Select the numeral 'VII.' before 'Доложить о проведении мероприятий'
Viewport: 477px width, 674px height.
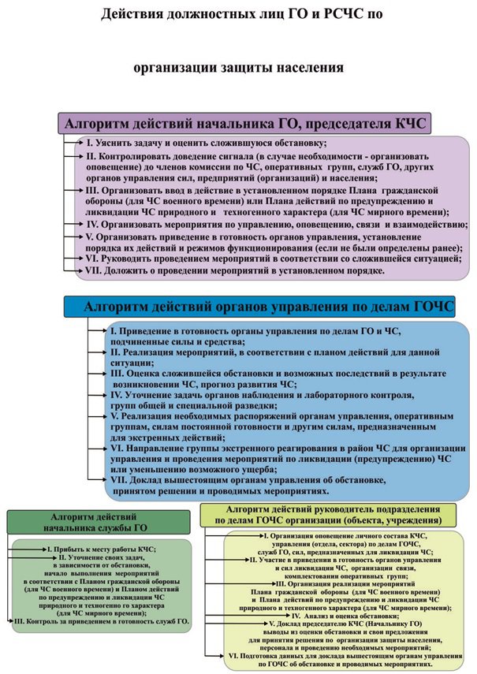[x=96, y=271]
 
